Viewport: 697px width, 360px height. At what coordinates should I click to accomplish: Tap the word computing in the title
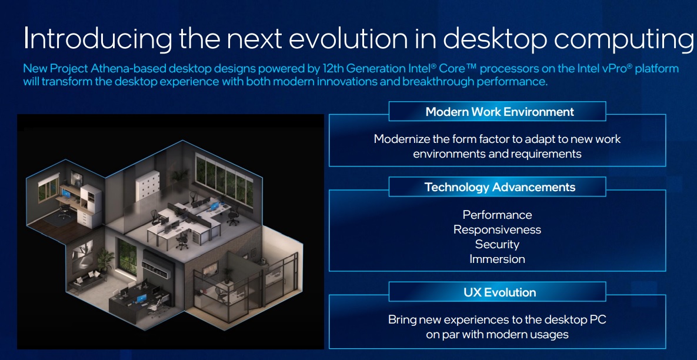click(x=623, y=39)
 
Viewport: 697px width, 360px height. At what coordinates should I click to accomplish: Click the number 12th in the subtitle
click(x=331, y=69)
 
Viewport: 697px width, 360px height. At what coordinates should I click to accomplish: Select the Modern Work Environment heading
click(x=499, y=112)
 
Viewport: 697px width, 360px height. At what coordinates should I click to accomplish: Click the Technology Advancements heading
click(x=499, y=187)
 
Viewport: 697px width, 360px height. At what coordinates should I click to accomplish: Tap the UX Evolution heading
click(x=499, y=292)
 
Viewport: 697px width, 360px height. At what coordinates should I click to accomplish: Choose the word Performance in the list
click(x=497, y=215)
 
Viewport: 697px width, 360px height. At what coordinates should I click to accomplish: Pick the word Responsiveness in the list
click(x=497, y=230)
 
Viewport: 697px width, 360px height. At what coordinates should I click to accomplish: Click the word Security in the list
click(x=497, y=245)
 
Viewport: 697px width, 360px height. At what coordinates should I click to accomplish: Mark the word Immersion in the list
click(x=497, y=259)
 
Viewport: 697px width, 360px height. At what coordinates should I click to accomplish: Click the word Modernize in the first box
click(x=401, y=139)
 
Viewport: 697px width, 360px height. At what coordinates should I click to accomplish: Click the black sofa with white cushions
click(x=88, y=281)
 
